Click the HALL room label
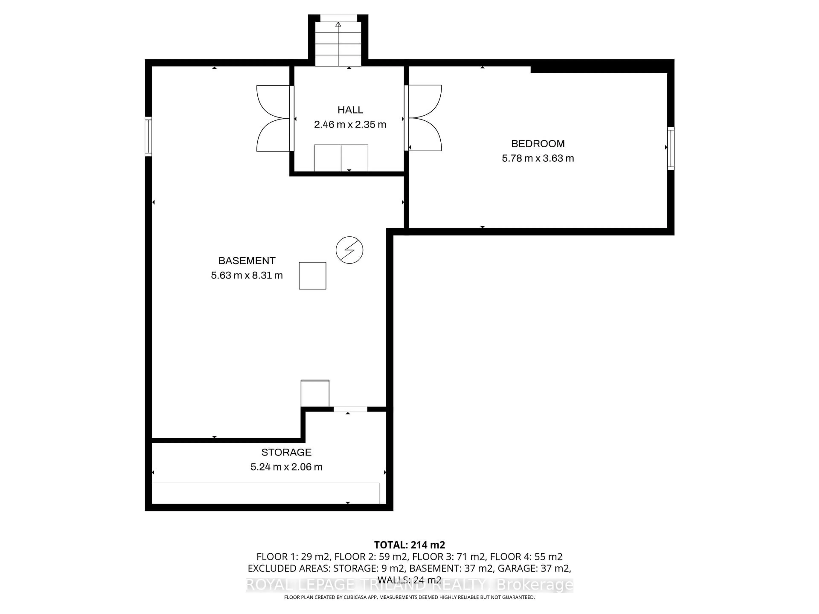(350, 110)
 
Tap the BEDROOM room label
(538, 144)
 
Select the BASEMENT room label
(247, 261)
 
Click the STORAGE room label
(286, 452)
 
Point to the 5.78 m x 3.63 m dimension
(538, 158)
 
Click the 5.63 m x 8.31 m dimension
(247, 275)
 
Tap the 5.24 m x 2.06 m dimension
(286, 467)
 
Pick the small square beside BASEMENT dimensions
(312, 276)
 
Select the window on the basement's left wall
(148, 136)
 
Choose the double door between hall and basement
(274, 119)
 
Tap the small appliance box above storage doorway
(315, 393)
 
